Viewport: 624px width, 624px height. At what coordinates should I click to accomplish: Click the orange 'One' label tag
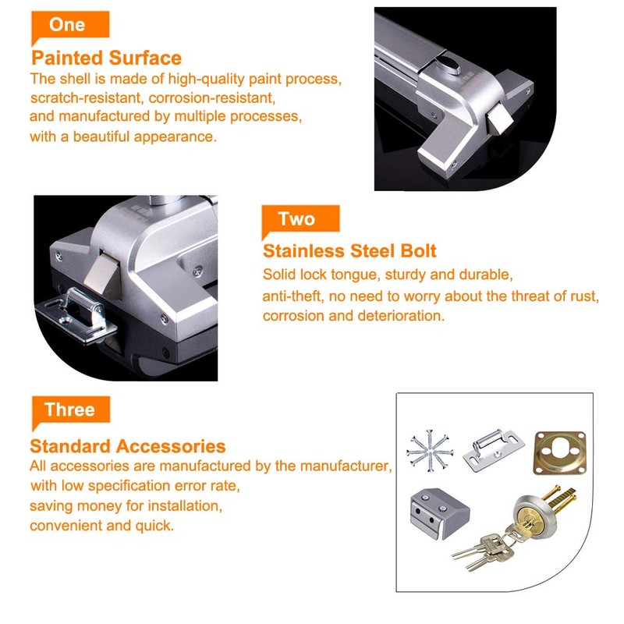point(68,25)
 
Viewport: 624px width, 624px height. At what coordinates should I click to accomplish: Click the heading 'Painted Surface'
point(106,58)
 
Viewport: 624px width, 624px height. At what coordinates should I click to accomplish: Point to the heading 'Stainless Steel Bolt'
point(349,251)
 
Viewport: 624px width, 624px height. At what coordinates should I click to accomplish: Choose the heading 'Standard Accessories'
point(128,447)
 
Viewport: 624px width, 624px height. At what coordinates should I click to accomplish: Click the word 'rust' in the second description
point(586,297)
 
